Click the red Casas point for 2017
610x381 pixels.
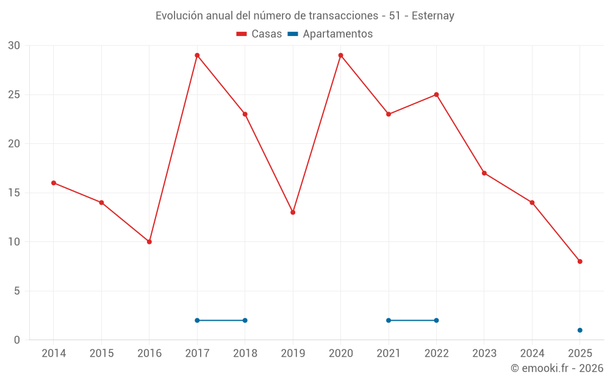pyautogui.click(x=197, y=55)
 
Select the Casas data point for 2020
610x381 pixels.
pyautogui.click(x=340, y=55)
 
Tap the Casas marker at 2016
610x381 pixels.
pyautogui.click(x=149, y=242)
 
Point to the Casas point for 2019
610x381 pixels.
pyautogui.click(x=293, y=212)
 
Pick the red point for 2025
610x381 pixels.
pyautogui.click(x=579, y=262)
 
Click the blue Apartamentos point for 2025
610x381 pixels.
pyautogui.click(x=579, y=330)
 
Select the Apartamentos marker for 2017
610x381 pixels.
pyautogui.click(x=197, y=321)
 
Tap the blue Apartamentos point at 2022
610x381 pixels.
pyautogui.click(x=436, y=321)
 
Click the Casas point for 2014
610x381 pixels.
pyautogui.click(x=54, y=183)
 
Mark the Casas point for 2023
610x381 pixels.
pyautogui.click(x=484, y=173)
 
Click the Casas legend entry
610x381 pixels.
pyautogui.click(x=259, y=34)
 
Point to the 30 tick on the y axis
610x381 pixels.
pyautogui.click(x=14, y=46)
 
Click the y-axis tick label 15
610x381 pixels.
pyautogui.click(x=14, y=193)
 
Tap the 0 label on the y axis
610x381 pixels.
pyautogui.click(x=17, y=340)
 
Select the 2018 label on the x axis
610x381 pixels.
pyautogui.click(x=245, y=354)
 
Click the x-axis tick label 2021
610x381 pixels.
pyautogui.click(x=389, y=354)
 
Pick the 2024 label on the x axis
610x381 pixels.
pyautogui.click(x=532, y=354)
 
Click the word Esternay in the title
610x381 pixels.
pyautogui.click(x=432, y=16)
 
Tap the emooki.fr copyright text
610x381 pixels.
pyautogui.click(x=557, y=368)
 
